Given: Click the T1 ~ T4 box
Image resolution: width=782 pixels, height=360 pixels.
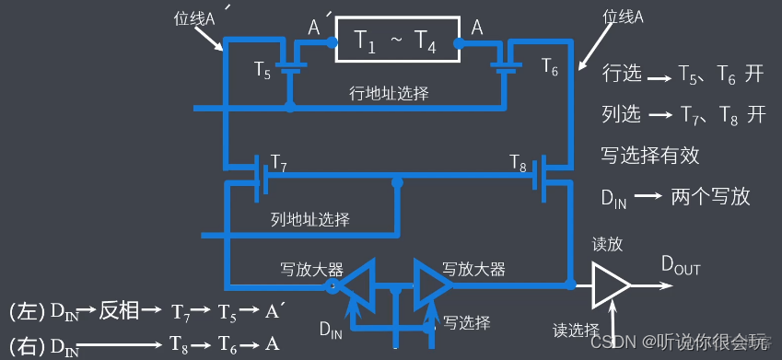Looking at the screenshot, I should (x=396, y=40).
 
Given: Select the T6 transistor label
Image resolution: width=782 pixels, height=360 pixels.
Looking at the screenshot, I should (x=549, y=67).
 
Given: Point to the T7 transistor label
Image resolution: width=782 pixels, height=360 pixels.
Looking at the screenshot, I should (x=278, y=166).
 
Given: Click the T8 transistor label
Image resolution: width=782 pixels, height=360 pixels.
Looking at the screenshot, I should (x=519, y=164).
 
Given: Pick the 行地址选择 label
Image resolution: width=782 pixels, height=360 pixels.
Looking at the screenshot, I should (x=389, y=93).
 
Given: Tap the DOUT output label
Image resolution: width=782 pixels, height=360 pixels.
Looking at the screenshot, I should (x=681, y=266).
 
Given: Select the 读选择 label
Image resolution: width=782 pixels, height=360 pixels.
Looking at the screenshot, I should (x=577, y=329).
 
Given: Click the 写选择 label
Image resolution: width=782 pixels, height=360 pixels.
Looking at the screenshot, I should (x=466, y=321).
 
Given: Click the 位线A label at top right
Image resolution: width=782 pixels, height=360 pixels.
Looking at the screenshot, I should (x=624, y=16).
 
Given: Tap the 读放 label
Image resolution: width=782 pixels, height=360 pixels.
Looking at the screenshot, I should (x=608, y=244).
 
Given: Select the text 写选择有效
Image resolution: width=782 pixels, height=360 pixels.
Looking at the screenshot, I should (x=650, y=156).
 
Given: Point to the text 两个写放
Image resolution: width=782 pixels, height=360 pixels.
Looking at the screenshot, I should (x=711, y=196).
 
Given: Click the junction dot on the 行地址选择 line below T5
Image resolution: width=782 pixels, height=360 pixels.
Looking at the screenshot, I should (x=289, y=107).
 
